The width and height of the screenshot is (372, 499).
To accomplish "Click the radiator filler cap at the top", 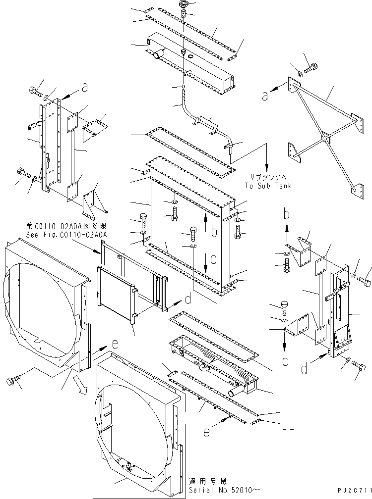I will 184,5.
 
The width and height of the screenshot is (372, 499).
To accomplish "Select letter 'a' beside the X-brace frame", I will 266,97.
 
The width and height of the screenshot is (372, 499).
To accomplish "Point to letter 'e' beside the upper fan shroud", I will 114,343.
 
